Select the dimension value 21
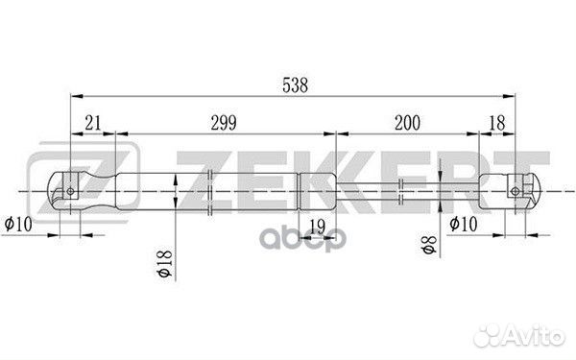(93, 122)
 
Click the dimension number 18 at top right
(497, 122)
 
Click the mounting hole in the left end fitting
(69, 190)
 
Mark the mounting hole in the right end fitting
(516, 190)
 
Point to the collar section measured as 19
(318, 189)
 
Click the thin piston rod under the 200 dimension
(403, 190)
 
